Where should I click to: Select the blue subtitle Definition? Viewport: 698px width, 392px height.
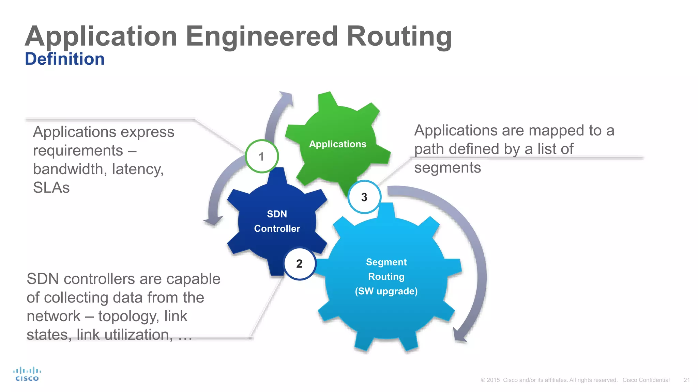(65, 59)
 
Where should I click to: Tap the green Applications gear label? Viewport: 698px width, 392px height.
(337, 144)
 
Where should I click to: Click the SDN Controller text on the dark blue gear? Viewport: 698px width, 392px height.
(277, 221)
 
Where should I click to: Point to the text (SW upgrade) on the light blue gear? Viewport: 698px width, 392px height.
(386, 291)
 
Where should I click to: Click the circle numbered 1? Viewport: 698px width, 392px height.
(262, 157)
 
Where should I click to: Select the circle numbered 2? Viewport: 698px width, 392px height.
(299, 264)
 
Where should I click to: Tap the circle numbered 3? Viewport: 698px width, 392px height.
(364, 197)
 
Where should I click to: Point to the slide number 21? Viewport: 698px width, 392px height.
(686, 380)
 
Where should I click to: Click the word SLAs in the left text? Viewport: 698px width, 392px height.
(51, 187)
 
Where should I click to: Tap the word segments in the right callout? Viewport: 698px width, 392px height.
(447, 167)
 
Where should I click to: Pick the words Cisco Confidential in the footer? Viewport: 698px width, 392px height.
(646, 380)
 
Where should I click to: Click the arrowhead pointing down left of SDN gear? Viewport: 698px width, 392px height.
(213, 220)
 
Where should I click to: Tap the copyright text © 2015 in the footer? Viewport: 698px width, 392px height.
(490, 380)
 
